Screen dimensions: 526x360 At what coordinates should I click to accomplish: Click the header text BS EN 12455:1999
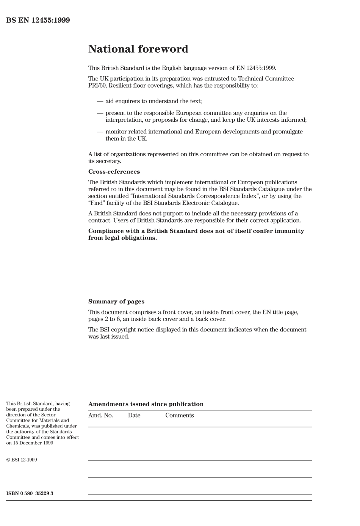coord(38,20)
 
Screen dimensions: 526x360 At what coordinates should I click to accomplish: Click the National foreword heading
coord(138,49)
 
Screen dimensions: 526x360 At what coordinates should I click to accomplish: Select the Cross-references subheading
coord(114,172)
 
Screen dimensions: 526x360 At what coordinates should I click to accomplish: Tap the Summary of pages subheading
coord(116,302)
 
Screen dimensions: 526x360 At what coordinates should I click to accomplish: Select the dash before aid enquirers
coord(100,101)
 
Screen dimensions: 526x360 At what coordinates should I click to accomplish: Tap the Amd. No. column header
coord(100,415)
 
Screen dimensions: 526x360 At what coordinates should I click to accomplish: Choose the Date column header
coord(134,415)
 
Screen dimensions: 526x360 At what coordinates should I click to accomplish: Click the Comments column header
coord(179,415)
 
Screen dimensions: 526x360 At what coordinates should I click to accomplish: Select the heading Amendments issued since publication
coord(146,404)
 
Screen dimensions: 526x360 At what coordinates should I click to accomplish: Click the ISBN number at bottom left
coord(30,493)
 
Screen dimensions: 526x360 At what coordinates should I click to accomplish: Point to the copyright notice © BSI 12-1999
coord(22,460)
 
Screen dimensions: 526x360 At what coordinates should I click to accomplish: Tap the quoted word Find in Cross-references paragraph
coord(97,203)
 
